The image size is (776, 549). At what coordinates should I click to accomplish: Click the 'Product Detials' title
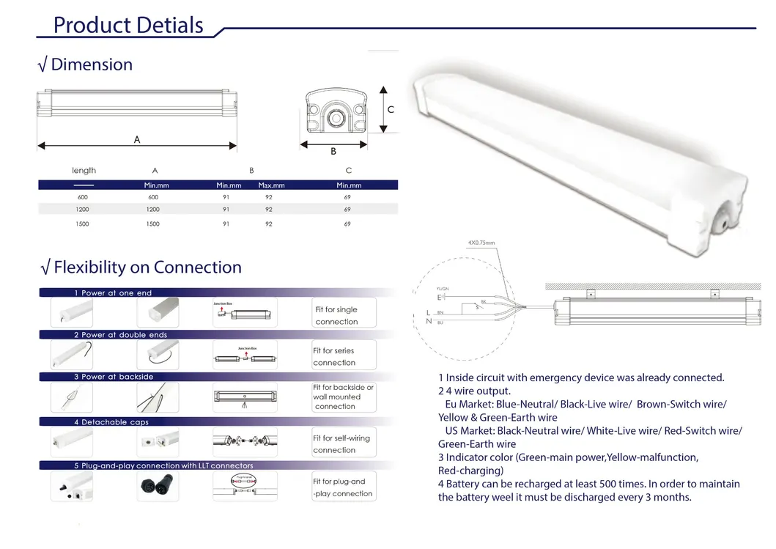[x=128, y=25]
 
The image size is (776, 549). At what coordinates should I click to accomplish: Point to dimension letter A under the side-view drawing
[x=137, y=139]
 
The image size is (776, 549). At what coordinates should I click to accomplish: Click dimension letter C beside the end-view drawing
[x=391, y=110]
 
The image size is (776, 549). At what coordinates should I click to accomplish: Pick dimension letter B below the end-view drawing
[x=333, y=152]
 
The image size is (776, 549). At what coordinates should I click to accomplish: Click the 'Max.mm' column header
[x=271, y=185]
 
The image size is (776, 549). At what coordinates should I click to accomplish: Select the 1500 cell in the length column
[x=82, y=224]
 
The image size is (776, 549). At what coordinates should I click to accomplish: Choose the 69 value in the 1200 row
[x=347, y=210]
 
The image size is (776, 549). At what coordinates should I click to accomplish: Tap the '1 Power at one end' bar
[x=113, y=293]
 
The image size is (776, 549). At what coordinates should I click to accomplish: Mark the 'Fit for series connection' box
[x=344, y=356]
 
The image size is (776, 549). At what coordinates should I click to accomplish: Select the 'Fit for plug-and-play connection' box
[x=344, y=487]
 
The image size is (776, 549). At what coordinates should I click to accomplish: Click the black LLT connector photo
[x=157, y=486]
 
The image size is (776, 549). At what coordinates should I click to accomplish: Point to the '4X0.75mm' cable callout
[x=481, y=243]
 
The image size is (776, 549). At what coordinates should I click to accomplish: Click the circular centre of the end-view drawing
[x=338, y=117]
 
